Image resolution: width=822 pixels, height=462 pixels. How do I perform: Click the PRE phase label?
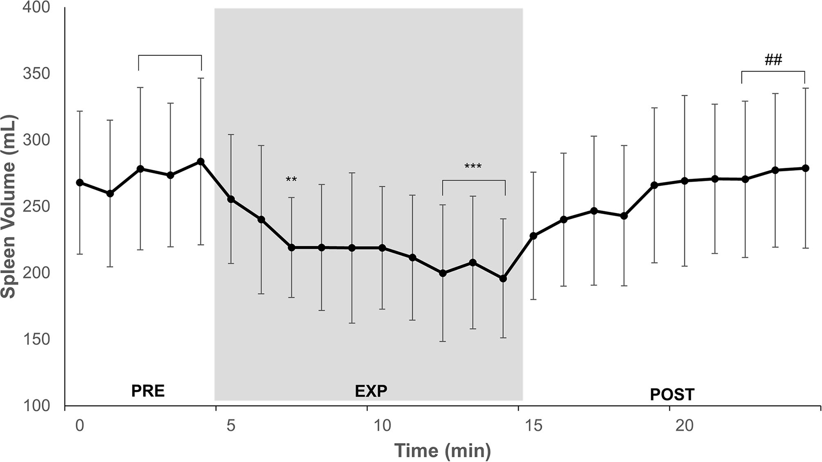pyautogui.click(x=148, y=391)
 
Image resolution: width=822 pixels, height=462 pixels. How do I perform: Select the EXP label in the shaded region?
pyautogui.click(x=371, y=391)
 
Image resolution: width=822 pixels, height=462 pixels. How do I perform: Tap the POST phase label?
pyautogui.click(x=672, y=395)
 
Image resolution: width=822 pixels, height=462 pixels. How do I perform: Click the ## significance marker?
pyautogui.click(x=773, y=60)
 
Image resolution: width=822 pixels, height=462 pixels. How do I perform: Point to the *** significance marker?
pyautogui.click(x=473, y=167)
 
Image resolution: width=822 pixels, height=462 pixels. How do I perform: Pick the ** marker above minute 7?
pyautogui.click(x=291, y=180)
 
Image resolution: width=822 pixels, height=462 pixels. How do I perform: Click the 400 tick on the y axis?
pyautogui.click(x=36, y=7)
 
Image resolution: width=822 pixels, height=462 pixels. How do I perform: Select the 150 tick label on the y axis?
pyautogui.click(x=36, y=339)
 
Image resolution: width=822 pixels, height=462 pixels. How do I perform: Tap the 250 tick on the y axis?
pyautogui.click(x=36, y=207)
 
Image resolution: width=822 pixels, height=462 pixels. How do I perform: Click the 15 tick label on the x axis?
pyautogui.click(x=533, y=425)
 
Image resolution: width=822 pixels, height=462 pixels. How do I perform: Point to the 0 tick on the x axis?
pyautogui.click(x=80, y=425)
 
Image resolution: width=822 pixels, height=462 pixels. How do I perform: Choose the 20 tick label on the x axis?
pyautogui.click(x=684, y=425)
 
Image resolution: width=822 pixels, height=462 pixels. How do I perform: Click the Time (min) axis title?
pyautogui.click(x=442, y=450)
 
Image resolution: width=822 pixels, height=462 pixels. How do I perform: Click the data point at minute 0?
pyautogui.click(x=80, y=182)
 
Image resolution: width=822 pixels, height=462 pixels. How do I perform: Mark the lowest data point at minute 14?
pyautogui.click(x=503, y=279)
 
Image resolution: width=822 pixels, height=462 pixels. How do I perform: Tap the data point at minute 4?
pyautogui.click(x=201, y=162)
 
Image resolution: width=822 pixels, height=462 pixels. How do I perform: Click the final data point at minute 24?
pyautogui.click(x=806, y=168)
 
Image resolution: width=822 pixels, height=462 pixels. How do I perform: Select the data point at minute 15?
pyautogui.click(x=533, y=236)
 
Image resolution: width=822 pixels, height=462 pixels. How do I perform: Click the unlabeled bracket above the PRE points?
pyautogui.click(x=170, y=55)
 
